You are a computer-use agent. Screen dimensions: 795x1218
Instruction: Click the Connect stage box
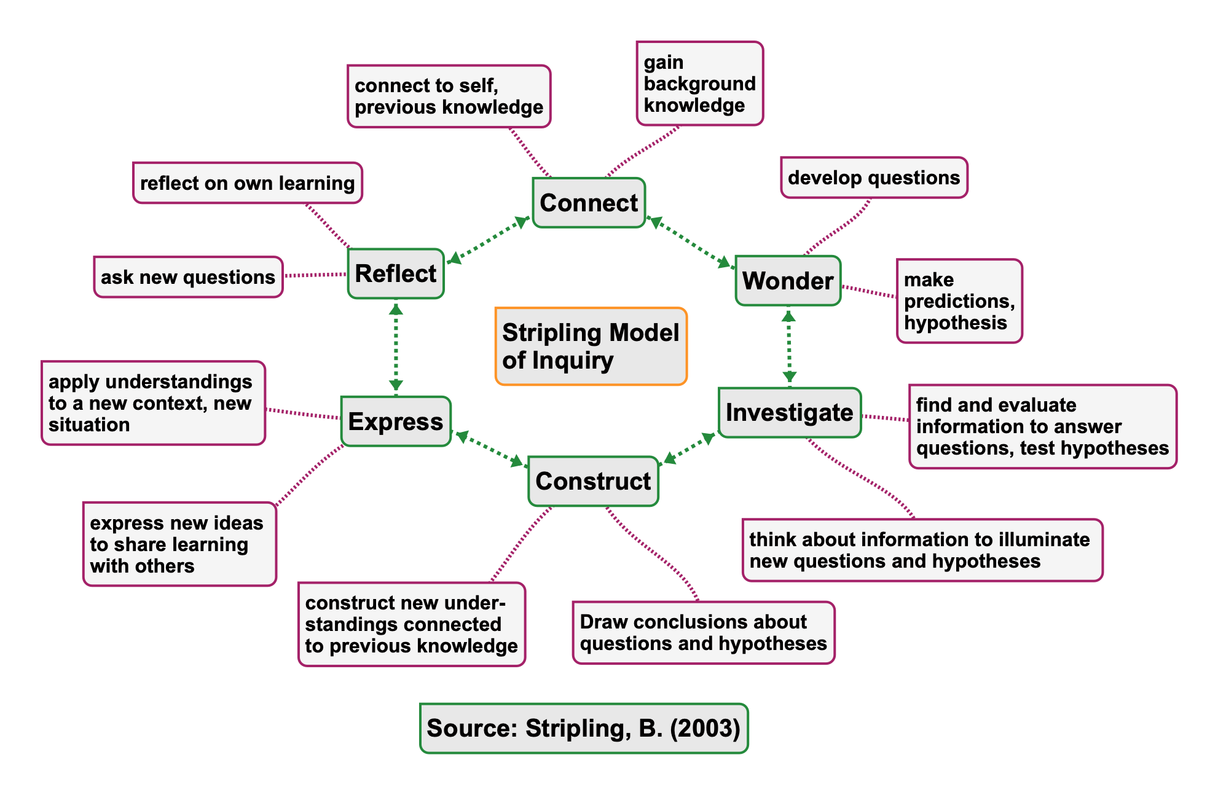[589, 203]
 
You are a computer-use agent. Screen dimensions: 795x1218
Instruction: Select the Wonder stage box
[788, 281]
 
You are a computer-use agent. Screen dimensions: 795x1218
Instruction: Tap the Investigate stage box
[790, 412]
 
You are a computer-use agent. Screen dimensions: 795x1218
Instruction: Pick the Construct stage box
[593, 481]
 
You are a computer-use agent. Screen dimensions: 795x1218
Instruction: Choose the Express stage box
[396, 421]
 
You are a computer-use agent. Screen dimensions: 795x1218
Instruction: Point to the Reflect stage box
[396, 274]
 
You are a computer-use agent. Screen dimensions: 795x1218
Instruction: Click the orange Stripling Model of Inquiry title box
[591, 347]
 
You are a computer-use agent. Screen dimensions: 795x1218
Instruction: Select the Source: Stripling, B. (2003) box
[584, 728]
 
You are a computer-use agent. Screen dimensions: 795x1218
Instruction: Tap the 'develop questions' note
[874, 178]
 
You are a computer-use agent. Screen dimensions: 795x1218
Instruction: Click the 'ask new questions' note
[188, 277]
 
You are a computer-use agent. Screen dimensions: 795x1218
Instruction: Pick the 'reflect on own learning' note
[248, 183]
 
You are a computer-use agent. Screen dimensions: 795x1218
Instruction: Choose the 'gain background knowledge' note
[699, 84]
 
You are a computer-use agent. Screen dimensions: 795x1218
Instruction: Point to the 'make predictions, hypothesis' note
[959, 301]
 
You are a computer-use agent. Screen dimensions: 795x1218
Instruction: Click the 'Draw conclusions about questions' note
[704, 633]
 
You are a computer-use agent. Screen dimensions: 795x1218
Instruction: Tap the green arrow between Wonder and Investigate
[789, 347]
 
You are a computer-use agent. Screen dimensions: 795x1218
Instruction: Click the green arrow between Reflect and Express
[396, 347]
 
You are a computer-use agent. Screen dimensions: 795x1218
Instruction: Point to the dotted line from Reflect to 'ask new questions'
[315, 275]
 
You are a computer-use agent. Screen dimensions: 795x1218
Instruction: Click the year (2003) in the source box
[705, 728]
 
